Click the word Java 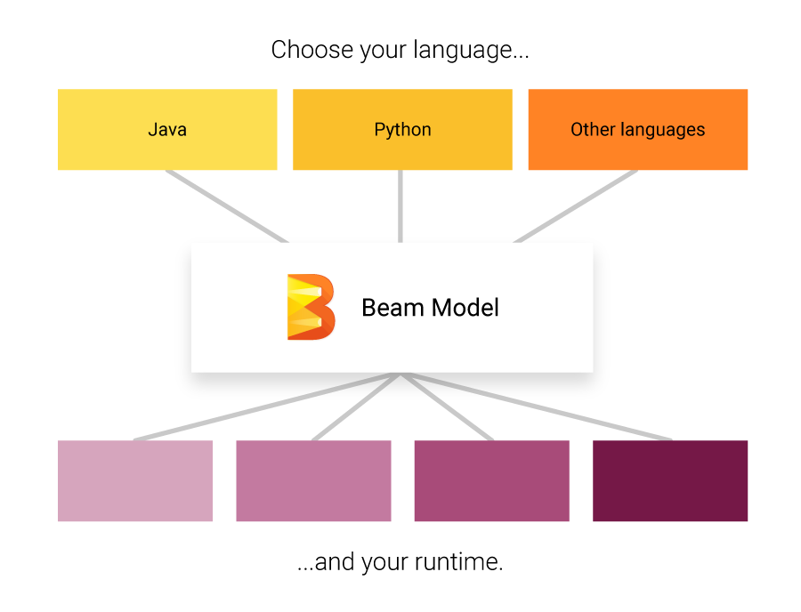coord(167,130)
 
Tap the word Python coord(402,130)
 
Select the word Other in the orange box coord(592,130)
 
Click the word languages coord(661,131)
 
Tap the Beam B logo coord(311,307)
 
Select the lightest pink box coord(135,480)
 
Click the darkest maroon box coord(670,480)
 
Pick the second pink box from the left coord(313,480)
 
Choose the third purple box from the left coord(491,480)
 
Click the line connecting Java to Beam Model coord(227,206)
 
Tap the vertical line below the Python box coord(400,206)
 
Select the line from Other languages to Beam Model coord(575,206)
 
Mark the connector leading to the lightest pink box coord(267,407)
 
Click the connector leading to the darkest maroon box coord(538,407)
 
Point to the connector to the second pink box coord(356,407)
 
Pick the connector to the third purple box coord(448,407)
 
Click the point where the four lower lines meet coord(401,374)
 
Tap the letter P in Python coord(379,130)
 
